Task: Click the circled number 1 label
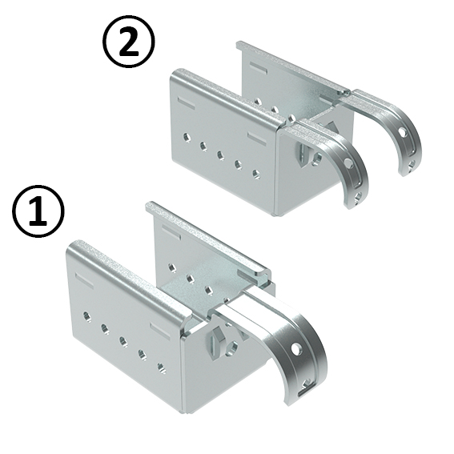(38, 211)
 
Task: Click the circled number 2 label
(129, 42)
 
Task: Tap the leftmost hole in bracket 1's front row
(86, 316)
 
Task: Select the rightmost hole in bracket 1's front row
(161, 368)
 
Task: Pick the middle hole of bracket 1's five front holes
(123, 341)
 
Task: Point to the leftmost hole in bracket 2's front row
(187, 137)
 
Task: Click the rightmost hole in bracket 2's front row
(255, 174)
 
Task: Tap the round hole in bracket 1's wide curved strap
(295, 349)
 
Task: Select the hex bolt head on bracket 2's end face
(303, 151)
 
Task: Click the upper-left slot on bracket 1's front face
(85, 280)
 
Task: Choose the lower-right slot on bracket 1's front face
(161, 331)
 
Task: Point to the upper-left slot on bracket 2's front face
(187, 103)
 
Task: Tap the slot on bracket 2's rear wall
(259, 68)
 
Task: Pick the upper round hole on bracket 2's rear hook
(403, 132)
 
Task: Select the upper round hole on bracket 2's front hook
(348, 163)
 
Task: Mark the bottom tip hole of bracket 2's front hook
(358, 197)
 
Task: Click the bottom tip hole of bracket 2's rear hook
(412, 166)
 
